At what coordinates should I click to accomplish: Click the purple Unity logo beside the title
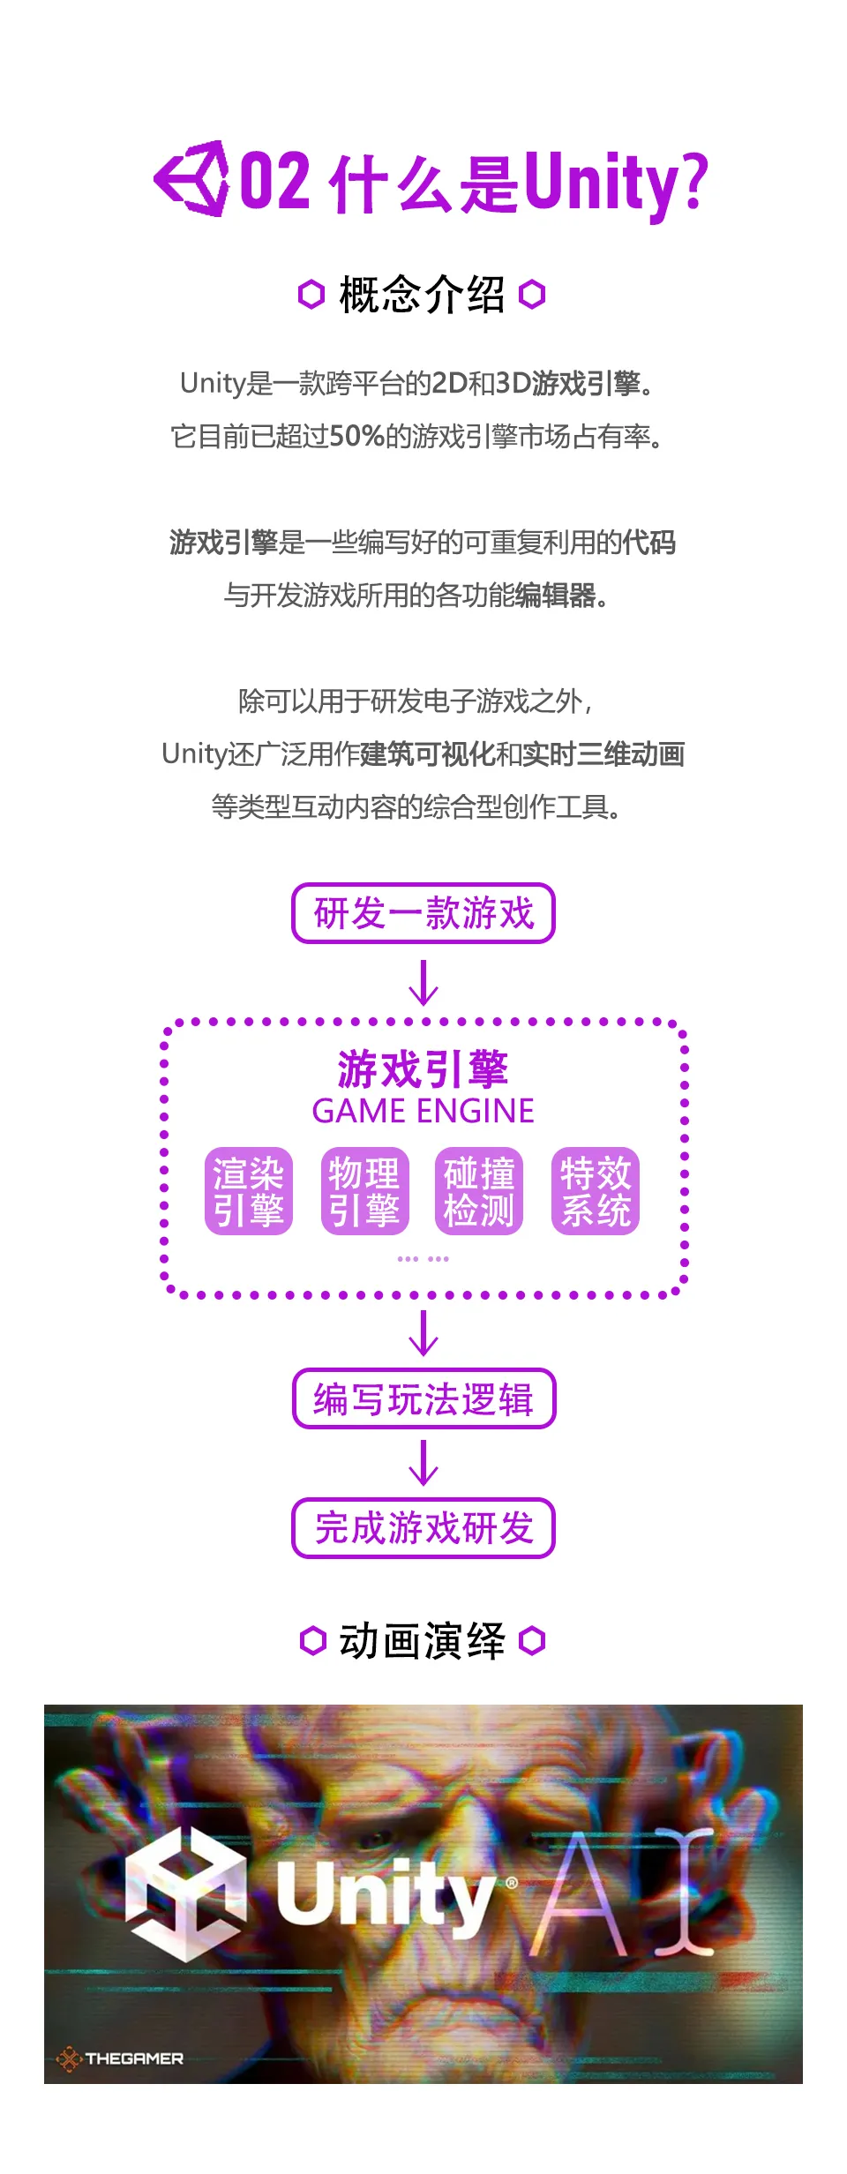coord(191,179)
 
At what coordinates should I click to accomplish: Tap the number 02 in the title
coord(275,181)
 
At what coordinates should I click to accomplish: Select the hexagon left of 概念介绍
coord(311,295)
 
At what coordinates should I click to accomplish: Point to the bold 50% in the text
coord(356,436)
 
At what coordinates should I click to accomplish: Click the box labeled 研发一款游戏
coord(423,913)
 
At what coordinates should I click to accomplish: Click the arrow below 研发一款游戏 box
coord(423,983)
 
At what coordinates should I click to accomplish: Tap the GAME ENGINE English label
coord(423,1111)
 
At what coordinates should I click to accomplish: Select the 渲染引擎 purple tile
coord(249,1191)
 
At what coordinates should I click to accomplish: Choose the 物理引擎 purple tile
coord(364,1191)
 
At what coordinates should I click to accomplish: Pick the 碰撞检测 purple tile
coord(479,1191)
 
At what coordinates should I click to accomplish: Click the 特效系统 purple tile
coord(596,1191)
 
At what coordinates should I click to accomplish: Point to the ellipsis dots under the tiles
coord(423,1259)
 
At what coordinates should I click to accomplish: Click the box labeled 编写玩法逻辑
coord(423,1398)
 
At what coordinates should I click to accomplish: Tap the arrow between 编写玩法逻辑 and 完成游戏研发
coord(423,1463)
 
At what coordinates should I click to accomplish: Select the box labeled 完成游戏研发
coord(423,1528)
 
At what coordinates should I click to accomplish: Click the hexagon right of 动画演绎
coord(533,1641)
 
